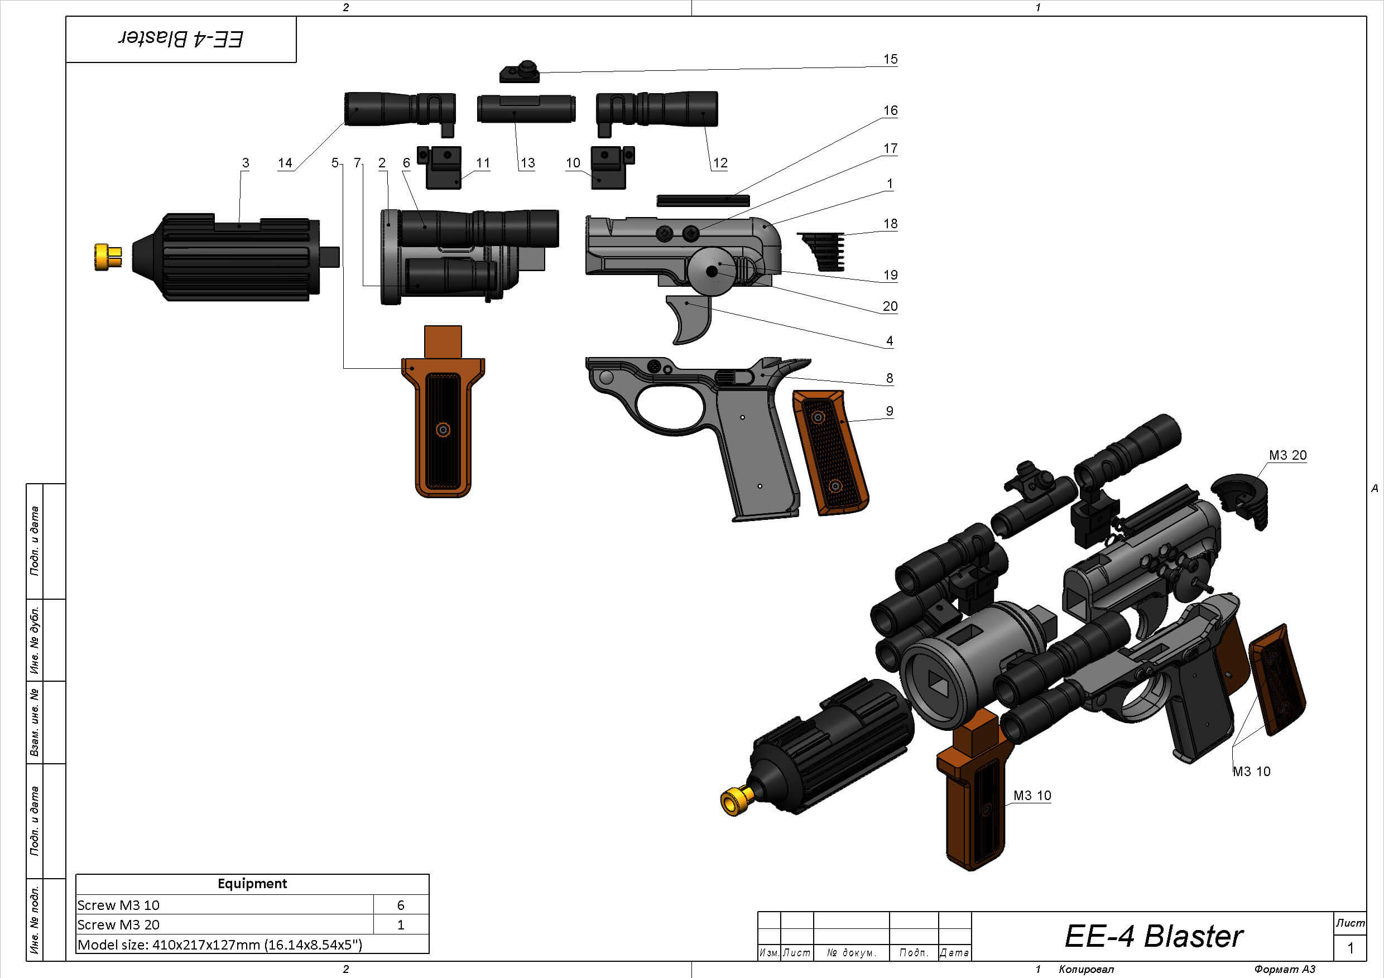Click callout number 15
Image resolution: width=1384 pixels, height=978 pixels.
pyautogui.click(x=890, y=59)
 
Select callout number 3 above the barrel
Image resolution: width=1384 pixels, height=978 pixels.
pyautogui.click(x=246, y=163)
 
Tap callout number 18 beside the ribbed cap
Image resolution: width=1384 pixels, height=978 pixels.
pyautogui.click(x=890, y=224)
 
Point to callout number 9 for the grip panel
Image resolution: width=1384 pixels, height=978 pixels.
pyautogui.click(x=889, y=411)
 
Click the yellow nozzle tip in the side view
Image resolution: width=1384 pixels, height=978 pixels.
pyautogui.click(x=107, y=257)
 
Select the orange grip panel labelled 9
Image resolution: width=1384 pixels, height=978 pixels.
pyautogui.click(x=829, y=452)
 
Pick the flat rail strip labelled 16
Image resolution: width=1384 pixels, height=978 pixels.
pyautogui.click(x=703, y=201)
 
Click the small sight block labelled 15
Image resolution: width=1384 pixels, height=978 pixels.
pyautogui.click(x=520, y=73)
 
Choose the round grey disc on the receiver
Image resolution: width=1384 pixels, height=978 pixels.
pyautogui.click(x=712, y=271)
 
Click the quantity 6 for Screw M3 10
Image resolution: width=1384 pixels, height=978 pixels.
pyautogui.click(x=400, y=905)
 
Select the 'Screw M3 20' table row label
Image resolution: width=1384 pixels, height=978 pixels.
pyautogui.click(x=119, y=924)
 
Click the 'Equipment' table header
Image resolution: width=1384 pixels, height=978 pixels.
pyautogui.click(x=252, y=883)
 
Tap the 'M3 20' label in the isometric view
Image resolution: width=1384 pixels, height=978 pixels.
pyautogui.click(x=1287, y=456)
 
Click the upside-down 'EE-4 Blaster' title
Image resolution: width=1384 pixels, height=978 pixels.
pyautogui.click(x=181, y=39)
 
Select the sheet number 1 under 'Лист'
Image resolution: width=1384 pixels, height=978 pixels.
pyautogui.click(x=1351, y=948)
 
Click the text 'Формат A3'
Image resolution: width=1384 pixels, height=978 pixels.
pyautogui.click(x=1284, y=969)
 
